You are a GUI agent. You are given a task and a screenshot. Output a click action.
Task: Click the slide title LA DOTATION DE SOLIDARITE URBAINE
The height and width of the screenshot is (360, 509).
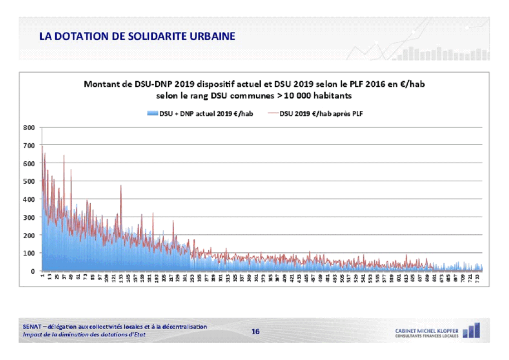click(x=137, y=36)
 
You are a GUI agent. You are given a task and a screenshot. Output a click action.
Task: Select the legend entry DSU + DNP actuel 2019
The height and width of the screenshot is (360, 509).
click(x=200, y=114)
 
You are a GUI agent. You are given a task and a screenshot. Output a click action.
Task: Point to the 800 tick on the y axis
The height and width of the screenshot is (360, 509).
click(x=29, y=128)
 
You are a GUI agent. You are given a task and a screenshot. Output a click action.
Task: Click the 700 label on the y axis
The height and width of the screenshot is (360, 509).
click(x=29, y=145)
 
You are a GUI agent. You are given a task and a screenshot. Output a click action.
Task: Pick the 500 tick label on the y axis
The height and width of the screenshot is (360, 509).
click(x=29, y=181)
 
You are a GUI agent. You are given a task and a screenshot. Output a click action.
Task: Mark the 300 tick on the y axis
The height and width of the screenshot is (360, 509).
click(x=29, y=217)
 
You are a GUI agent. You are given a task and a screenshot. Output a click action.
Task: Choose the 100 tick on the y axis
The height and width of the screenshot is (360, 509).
click(x=29, y=253)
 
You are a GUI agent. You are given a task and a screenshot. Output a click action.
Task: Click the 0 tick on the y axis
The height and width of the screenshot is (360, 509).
click(x=33, y=271)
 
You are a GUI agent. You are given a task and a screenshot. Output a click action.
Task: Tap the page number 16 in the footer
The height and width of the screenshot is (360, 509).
click(x=255, y=331)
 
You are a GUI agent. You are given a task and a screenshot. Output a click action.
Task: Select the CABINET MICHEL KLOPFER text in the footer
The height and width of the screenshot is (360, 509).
click(x=426, y=330)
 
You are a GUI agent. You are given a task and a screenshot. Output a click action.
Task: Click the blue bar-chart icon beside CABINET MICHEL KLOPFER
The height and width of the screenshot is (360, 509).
click(x=471, y=330)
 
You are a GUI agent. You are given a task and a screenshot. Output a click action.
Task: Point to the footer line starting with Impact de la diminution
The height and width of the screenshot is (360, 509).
click(x=84, y=335)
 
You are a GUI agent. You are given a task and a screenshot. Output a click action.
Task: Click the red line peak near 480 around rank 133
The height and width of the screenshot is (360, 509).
click(x=121, y=185)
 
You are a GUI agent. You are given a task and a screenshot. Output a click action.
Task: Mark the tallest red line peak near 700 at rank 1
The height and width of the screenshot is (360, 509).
click(x=42, y=146)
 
